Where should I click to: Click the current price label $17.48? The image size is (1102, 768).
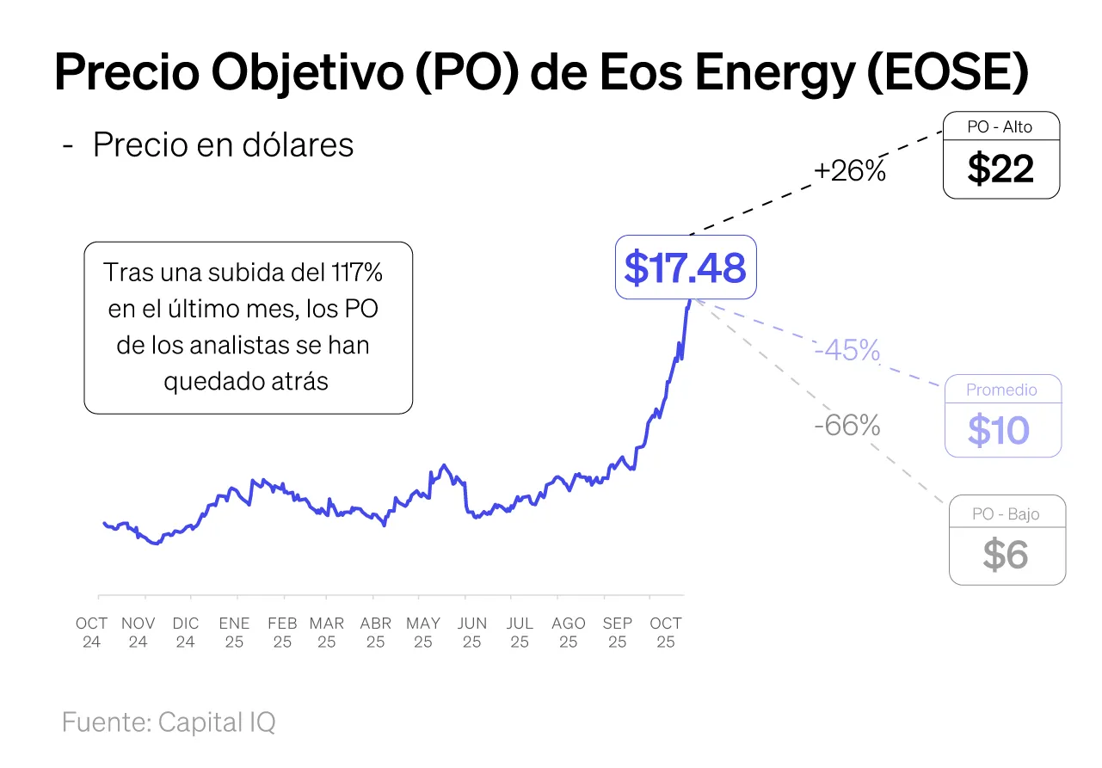[685, 267]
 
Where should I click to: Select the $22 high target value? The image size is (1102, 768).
[1000, 169]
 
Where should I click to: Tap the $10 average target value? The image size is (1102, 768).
[998, 430]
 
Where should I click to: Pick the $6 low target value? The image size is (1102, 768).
[1006, 556]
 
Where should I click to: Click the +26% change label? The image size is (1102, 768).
[849, 171]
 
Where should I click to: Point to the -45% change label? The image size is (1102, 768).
[847, 350]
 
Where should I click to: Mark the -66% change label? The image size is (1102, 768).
[847, 425]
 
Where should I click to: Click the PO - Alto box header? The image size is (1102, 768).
[1000, 126]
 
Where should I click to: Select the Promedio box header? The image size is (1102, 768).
[1001, 390]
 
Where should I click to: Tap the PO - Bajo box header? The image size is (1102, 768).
[1006, 514]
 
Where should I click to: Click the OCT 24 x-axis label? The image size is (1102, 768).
[92, 632]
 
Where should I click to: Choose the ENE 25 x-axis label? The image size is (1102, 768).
[234, 632]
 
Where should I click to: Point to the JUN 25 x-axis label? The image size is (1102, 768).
[471, 632]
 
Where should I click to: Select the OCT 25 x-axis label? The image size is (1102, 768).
[666, 632]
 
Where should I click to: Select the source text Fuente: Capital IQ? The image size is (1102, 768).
[169, 722]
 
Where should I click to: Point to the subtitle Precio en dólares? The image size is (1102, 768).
[223, 144]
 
